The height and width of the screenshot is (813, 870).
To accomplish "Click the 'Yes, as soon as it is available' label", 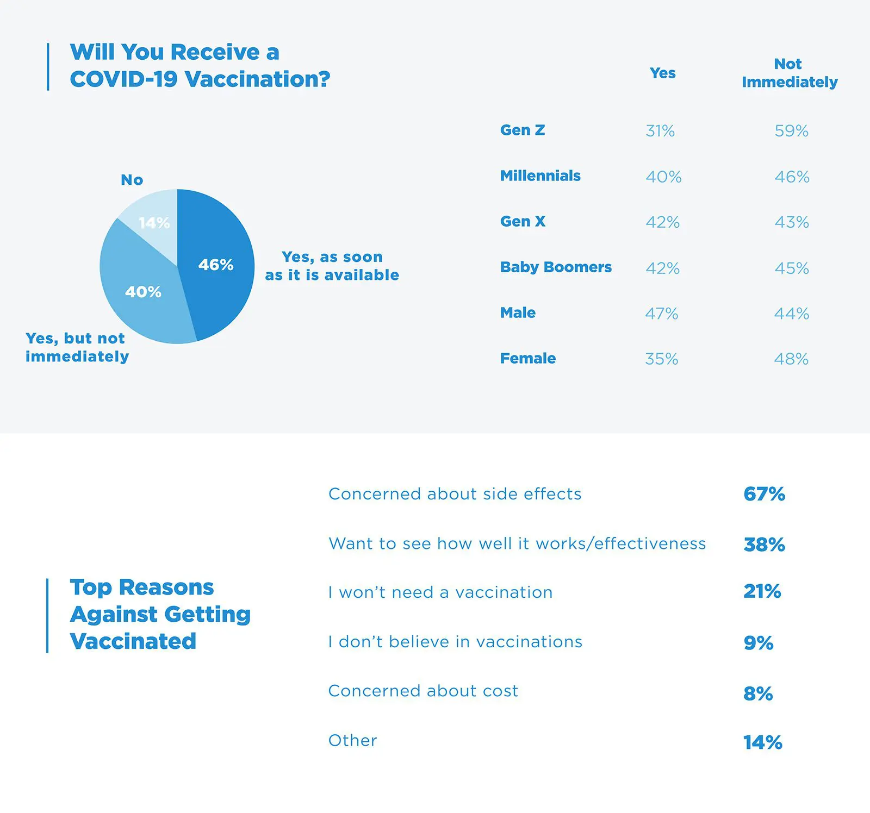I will click(x=332, y=266).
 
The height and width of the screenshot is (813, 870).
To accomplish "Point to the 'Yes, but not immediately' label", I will click(x=77, y=347).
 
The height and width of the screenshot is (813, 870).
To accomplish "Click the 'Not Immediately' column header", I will click(x=789, y=73).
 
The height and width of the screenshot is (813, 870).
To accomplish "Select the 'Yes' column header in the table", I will click(x=662, y=73).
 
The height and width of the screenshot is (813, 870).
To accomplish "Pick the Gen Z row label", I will click(x=522, y=130).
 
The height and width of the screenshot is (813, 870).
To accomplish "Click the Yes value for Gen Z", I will click(x=660, y=131).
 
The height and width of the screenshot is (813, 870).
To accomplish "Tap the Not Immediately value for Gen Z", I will click(x=791, y=131).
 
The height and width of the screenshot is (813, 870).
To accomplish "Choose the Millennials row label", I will click(x=540, y=176).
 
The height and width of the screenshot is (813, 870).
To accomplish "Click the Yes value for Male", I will click(x=661, y=314).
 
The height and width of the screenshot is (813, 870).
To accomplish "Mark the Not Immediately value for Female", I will click(x=791, y=359).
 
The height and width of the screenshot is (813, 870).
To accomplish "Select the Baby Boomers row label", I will click(x=556, y=267).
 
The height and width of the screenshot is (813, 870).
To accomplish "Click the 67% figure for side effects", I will click(x=764, y=494).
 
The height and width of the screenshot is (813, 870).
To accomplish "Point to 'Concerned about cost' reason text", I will click(x=423, y=691).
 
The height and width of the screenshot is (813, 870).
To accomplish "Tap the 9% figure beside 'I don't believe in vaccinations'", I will click(x=758, y=643).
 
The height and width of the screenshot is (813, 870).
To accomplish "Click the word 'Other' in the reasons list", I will click(x=352, y=741).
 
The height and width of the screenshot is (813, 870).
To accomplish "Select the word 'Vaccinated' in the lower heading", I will click(x=133, y=641).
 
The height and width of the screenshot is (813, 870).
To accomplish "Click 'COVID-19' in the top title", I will click(x=123, y=79).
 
